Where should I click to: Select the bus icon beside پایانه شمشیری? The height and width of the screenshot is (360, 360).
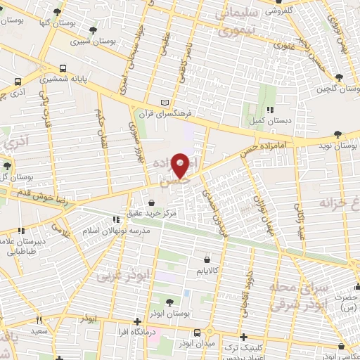(x=63, y=70)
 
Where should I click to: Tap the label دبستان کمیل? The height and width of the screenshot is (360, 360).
(x=271, y=121)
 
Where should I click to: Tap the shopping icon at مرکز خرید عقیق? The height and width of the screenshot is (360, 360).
(x=151, y=204)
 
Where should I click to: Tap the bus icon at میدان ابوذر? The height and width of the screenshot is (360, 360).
(x=198, y=333)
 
